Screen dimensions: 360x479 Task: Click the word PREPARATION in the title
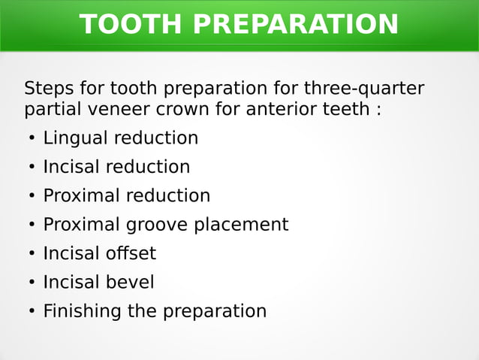295,25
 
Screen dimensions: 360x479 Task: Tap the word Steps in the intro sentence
47,89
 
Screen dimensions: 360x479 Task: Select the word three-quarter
363,89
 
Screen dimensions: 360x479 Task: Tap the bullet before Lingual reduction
32,139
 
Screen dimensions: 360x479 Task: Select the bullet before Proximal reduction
32,197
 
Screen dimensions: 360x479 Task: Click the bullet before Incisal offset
32,254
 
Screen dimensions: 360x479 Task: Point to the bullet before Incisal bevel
32,283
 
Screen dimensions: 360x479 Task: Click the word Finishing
83,311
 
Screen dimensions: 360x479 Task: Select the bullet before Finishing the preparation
32,312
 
